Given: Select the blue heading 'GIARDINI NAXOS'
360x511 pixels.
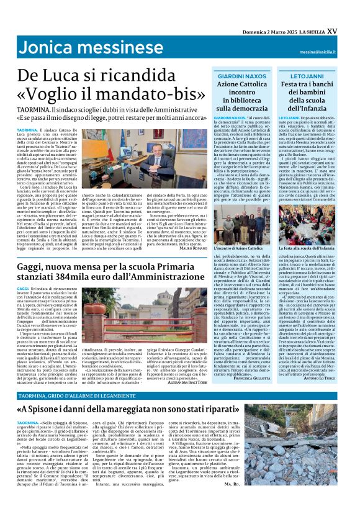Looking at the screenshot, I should pos(240,75).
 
